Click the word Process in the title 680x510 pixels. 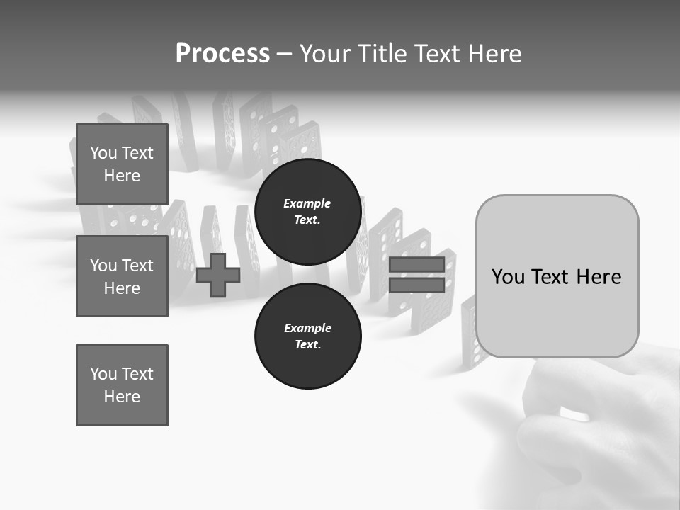[x=222, y=54]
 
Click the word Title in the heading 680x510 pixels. [x=380, y=54]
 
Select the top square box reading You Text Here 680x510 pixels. [x=122, y=164]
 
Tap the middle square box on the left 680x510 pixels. [x=122, y=276]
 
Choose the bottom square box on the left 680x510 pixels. [x=122, y=385]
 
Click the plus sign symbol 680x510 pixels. [x=218, y=275]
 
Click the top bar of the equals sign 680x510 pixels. [x=416, y=265]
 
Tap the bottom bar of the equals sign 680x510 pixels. [x=416, y=285]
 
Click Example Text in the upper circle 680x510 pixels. [x=307, y=212]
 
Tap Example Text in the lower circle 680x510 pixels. [x=307, y=336]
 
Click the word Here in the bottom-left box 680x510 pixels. [x=122, y=397]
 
